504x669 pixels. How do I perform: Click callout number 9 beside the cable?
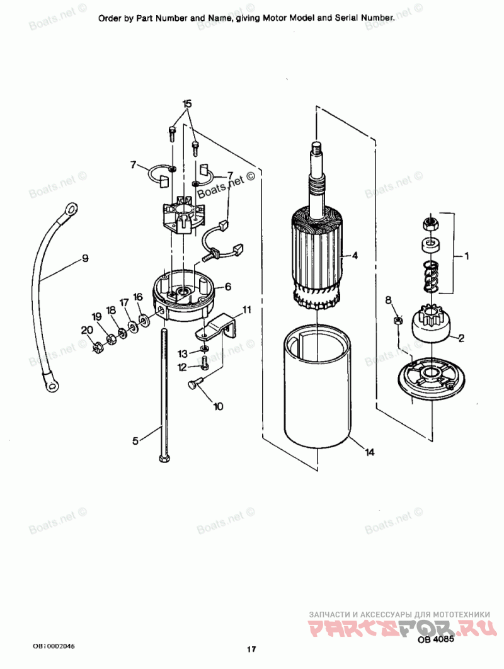click(84, 258)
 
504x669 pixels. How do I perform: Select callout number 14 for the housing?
click(369, 452)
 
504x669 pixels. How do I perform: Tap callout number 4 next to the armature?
click(355, 256)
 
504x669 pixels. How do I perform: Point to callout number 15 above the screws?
click(186, 103)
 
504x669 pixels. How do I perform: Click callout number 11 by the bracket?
click(246, 309)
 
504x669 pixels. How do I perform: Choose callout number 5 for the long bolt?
click(135, 441)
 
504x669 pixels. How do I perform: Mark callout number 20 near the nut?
click(86, 329)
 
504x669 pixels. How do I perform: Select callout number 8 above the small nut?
click(388, 299)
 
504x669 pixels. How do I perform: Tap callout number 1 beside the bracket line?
click(467, 256)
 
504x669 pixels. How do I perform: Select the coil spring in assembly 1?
click(430, 275)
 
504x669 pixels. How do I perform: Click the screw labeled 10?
click(194, 384)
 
